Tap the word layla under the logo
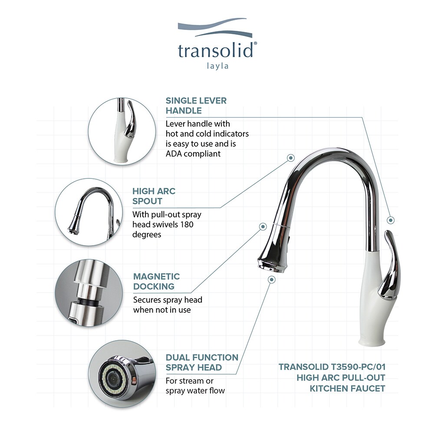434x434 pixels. click(217, 66)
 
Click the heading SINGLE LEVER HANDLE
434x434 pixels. click(196, 105)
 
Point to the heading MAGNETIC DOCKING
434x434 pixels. click(156, 281)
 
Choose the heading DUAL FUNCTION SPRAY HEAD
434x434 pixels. click(202, 362)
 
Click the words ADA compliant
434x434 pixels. click(193, 154)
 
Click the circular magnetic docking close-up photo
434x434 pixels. click(87, 295)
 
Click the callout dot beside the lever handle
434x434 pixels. click(391, 220)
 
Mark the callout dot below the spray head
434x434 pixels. click(272, 280)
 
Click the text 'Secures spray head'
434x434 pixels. click(168, 300)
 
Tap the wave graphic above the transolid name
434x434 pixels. click(215, 30)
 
